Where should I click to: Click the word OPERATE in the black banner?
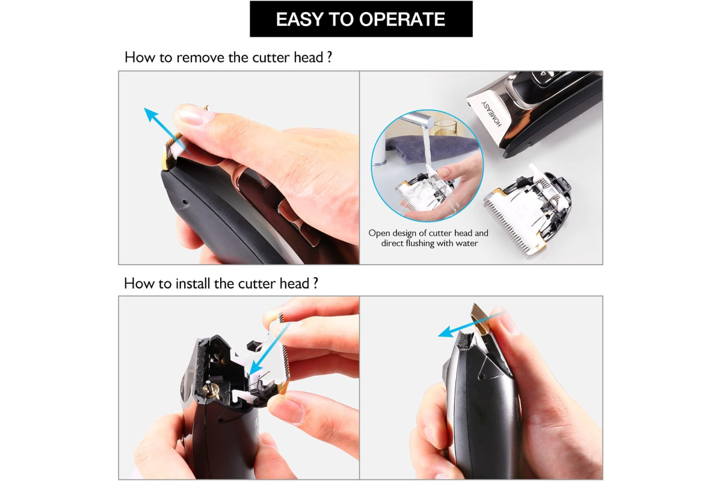tap(402, 19)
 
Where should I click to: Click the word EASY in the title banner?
tap(300, 19)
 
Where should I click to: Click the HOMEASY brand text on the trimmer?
tap(492, 114)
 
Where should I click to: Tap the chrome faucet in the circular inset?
tap(418, 120)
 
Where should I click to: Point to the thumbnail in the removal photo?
tap(193, 115)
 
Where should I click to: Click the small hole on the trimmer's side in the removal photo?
tap(185, 203)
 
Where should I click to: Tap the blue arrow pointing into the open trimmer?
tap(268, 349)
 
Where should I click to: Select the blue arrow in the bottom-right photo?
tap(471, 325)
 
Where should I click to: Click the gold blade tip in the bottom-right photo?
tap(480, 319)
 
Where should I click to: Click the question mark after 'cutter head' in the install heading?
tap(315, 284)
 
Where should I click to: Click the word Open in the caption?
tap(379, 233)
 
